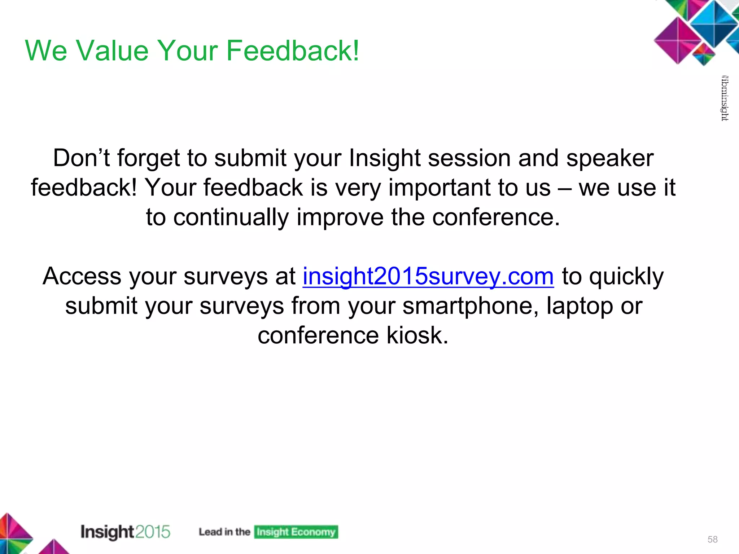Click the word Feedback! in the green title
(x=293, y=51)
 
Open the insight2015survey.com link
(x=428, y=277)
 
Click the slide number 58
(x=712, y=539)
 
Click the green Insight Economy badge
(x=296, y=532)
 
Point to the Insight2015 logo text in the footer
(x=125, y=532)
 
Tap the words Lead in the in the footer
(x=224, y=532)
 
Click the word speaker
(x=610, y=158)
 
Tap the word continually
(x=231, y=217)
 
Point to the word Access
(x=82, y=277)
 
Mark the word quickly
(x=627, y=277)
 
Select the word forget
(x=148, y=158)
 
